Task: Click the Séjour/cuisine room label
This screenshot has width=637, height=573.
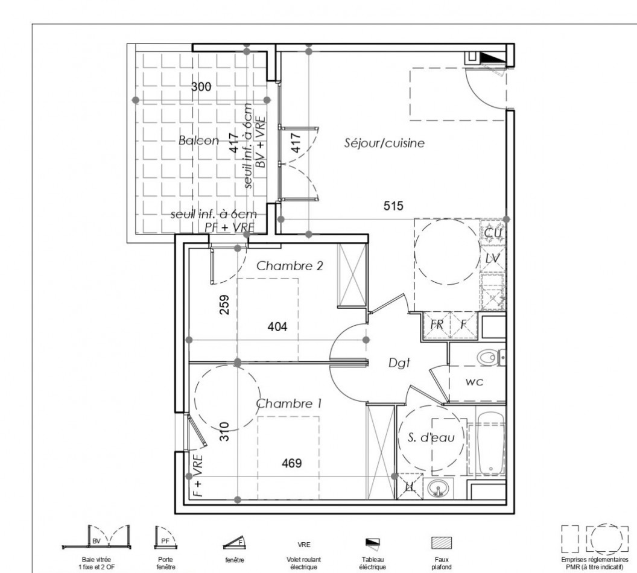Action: pyautogui.click(x=385, y=144)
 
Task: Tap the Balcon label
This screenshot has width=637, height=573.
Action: pyautogui.click(x=199, y=141)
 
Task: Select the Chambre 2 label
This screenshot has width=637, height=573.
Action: pyautogui.click(x=291, y=265)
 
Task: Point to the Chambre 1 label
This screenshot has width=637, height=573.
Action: pyautogui.click(x=288, y=404)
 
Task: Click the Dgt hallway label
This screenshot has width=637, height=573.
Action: pyautogui.click(x=399, y=363)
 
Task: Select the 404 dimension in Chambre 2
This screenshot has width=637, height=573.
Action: pyautogui.click(x=277, y=327)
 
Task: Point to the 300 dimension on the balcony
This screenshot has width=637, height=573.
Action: pyautogui.click(x=201, y=87)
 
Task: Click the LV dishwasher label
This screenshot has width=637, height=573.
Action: pyautogui.click(x=493, y=258)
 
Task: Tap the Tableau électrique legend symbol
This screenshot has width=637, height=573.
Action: pyautogui.click(x=372, y=541)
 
